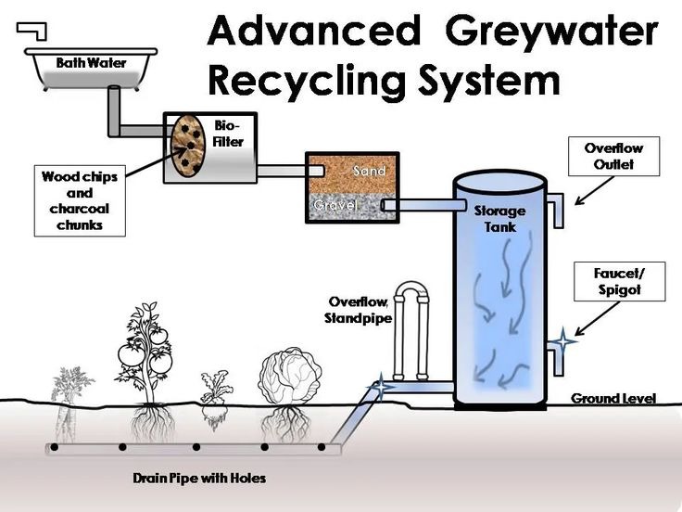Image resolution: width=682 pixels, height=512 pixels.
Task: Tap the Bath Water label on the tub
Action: [91, 63]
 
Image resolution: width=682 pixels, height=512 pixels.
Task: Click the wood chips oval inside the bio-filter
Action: [188, 146]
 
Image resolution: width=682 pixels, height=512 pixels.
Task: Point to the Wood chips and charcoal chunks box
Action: [80, 199]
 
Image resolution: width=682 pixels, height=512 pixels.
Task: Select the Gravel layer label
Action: [335, 204]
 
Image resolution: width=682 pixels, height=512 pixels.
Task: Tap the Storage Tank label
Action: [499, 218]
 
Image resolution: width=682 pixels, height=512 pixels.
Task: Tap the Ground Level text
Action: [613, 399]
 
